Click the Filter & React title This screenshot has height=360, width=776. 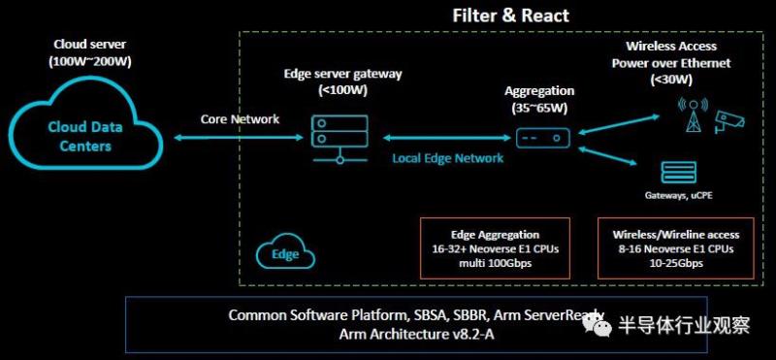point(511,15)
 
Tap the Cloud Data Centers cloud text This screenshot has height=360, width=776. point(85,136)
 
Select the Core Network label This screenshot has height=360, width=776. point(240,119)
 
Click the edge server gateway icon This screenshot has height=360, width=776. point(339,139)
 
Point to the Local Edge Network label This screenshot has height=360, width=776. point(448,158)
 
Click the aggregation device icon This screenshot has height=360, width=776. point(543,138)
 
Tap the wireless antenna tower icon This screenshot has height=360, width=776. point(694,115)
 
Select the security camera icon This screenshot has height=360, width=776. point(728,121)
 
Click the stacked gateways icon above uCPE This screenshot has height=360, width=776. point(677,174)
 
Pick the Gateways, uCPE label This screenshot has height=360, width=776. point(678,196)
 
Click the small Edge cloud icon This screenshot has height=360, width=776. point(285,254)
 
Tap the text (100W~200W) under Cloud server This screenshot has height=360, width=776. point(90,62)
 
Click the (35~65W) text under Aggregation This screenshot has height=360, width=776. point(539,109)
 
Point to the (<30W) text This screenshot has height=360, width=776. point(671,80)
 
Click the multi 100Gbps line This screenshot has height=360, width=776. point(495,263)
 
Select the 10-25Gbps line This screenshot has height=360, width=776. point(676,263)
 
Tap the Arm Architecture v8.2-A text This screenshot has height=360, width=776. point(416,334)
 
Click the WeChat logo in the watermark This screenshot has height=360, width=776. point(597,324)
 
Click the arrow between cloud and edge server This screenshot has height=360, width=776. point(238,138)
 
